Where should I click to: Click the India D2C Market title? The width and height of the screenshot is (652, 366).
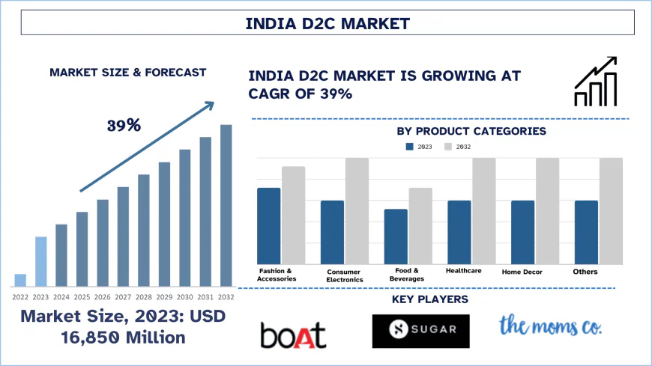coord(327,23)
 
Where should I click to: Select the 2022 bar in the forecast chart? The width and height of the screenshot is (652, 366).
coord(20,280)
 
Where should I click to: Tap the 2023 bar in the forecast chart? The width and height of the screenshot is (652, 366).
coord(40,261)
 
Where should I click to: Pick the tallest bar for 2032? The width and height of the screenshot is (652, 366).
coord(226,205)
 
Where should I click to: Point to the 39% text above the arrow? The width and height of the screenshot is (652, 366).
coord(124,125)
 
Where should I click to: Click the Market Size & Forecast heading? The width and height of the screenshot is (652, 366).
coord(127,73)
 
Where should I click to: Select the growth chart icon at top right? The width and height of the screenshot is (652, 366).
coord(596,82)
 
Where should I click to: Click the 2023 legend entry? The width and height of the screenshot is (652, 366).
coord(420,147)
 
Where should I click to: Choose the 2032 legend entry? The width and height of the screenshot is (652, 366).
coord(458,147)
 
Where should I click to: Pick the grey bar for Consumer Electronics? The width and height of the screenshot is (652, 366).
coord(357,211)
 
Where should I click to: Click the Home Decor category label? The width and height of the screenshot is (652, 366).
coord(522,272)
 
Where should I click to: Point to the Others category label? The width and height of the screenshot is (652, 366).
coord(585,271)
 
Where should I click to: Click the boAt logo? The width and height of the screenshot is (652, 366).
coord(293,334)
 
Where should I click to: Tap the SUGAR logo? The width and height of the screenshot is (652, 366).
coord(420,331)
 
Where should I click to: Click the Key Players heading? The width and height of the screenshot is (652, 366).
coord(430,299)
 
